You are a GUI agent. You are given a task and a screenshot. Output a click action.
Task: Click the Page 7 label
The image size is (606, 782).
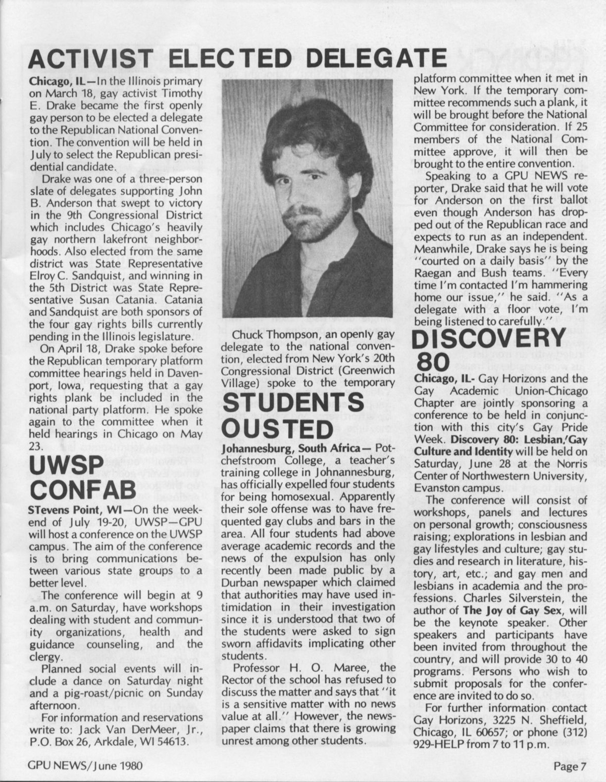[x=569, y=767]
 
